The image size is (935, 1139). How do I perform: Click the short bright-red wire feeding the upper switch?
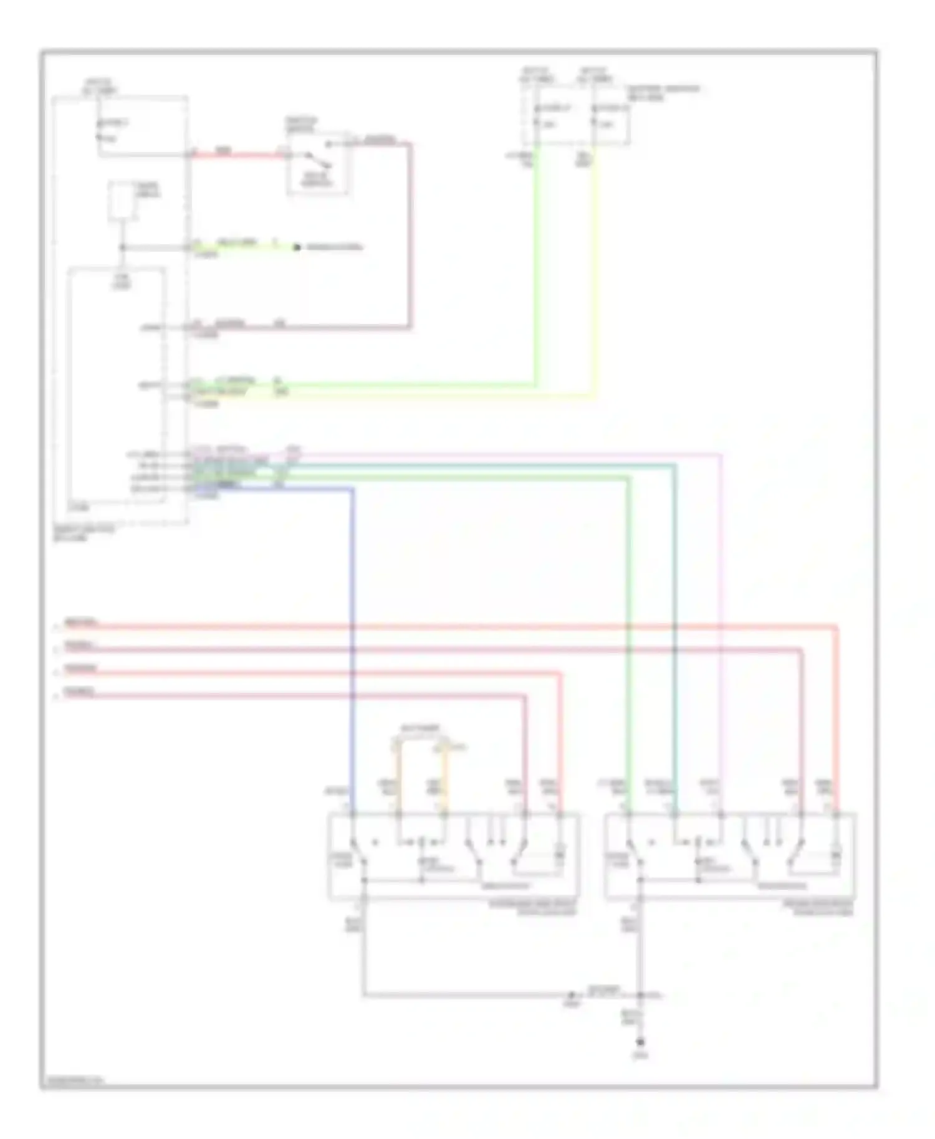click(237, 155)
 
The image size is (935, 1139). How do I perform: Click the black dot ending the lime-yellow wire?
click(297, 247)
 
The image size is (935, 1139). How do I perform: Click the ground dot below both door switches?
click(640, 1042)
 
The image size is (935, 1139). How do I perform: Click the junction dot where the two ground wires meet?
click(640, 995)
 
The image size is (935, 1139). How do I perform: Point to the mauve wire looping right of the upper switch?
click(410, 237)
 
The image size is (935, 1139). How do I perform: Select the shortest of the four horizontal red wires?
click(293, 696)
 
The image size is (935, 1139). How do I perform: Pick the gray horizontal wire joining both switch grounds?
click(467, 995)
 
